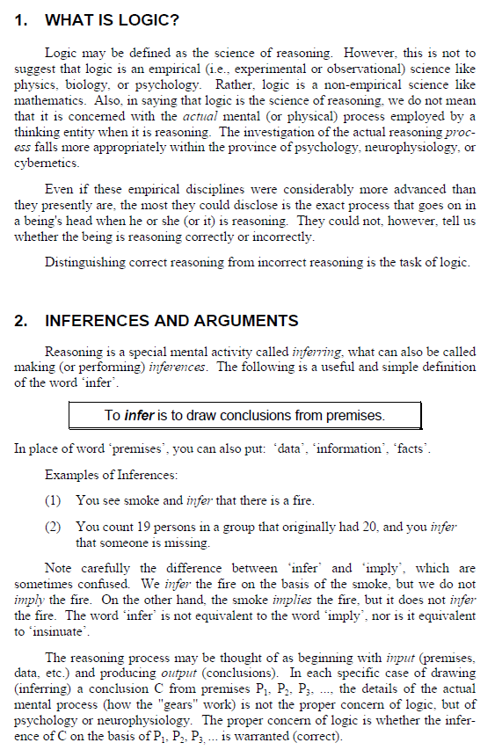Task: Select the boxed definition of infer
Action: pos(245,415)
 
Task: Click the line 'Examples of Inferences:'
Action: pos(111,476)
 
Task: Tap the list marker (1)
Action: pos(54,500)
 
